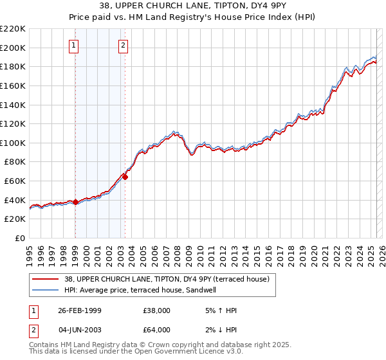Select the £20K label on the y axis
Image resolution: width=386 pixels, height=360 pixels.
click(15, 219)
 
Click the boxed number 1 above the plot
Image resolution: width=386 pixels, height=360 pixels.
click(75, 45)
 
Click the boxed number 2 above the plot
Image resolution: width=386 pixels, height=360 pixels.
click(123, 45)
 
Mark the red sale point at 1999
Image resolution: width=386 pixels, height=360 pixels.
click(76, 202)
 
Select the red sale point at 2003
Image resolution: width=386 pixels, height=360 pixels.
click(125, 177)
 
